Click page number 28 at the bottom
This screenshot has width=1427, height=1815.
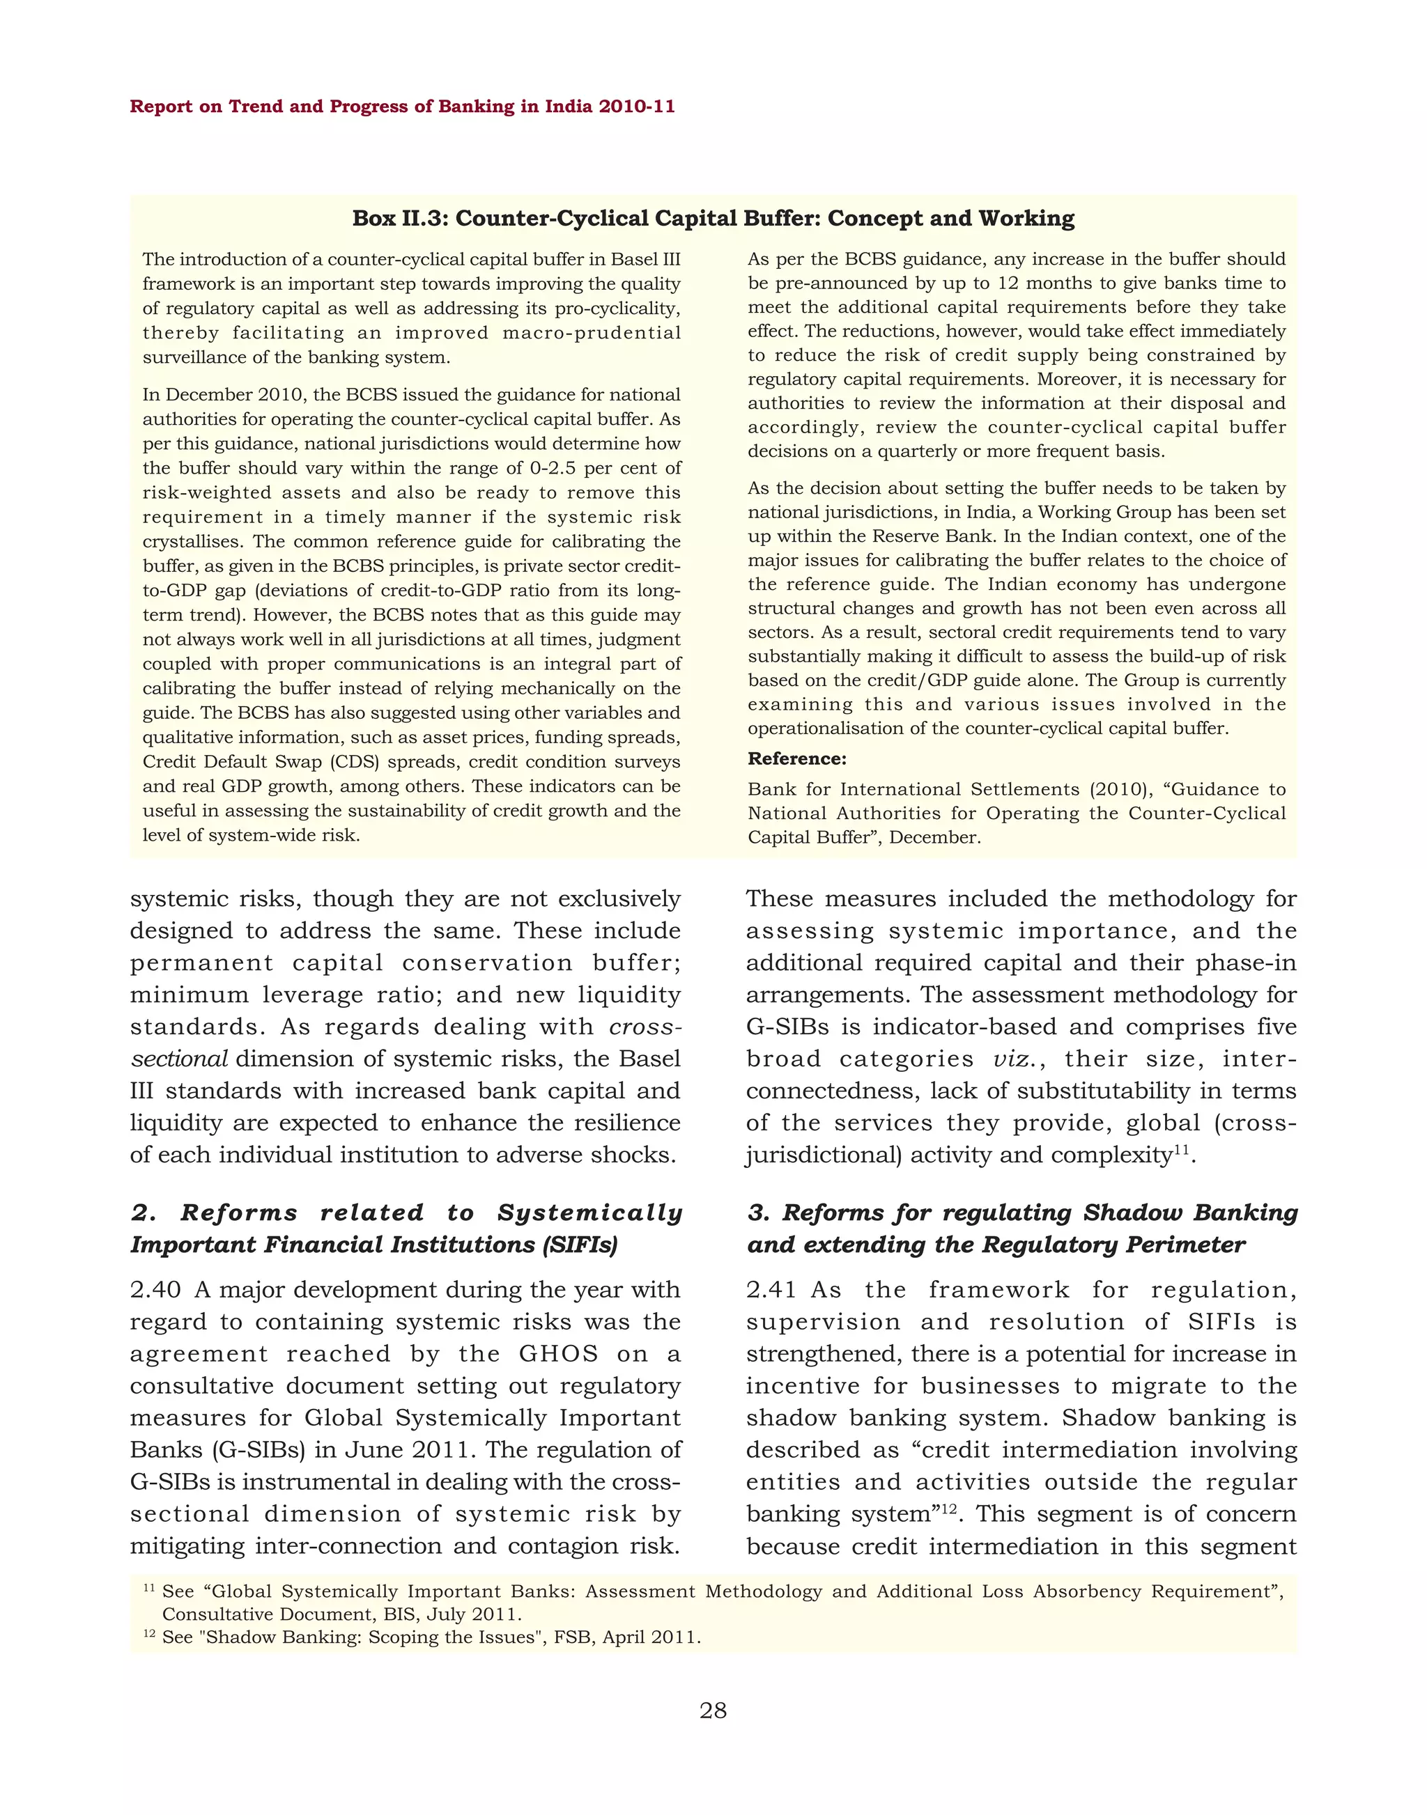point(713,1711)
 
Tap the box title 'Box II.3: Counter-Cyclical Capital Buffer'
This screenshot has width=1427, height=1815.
point(713,218)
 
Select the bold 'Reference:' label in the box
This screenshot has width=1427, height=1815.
point(796,758)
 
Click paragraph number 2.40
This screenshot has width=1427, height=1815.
point(155,1290)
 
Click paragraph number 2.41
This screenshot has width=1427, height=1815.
point(771,1290)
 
